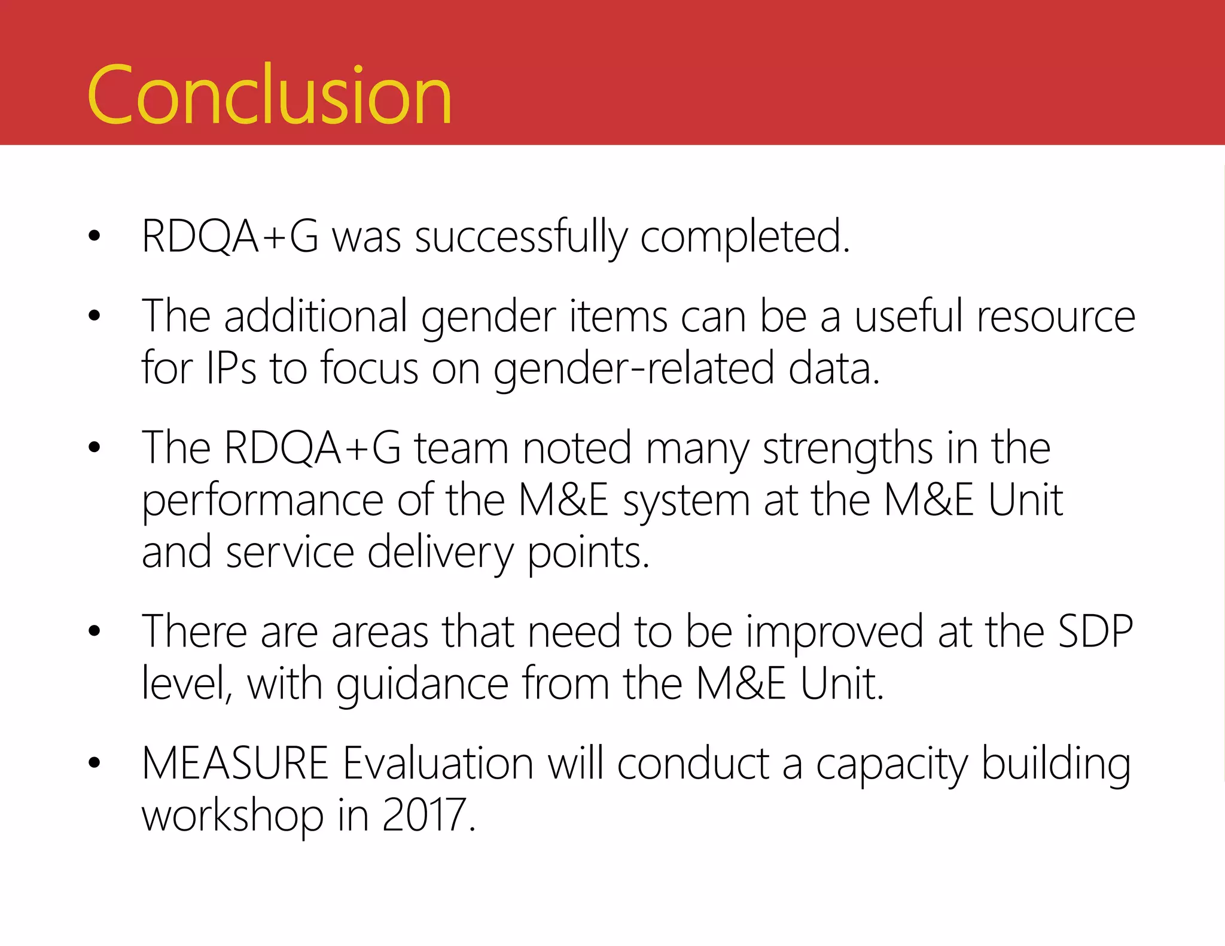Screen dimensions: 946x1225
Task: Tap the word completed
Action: click(745, 238)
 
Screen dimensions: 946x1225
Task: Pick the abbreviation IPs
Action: click(231, 368)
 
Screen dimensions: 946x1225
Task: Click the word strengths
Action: click(848, 448)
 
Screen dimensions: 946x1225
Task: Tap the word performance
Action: click(262, 501)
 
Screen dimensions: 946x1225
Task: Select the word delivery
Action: click(440, 553)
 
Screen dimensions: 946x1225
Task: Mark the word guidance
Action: click(422, 684)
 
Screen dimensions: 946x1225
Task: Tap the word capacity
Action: click(891, 765)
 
